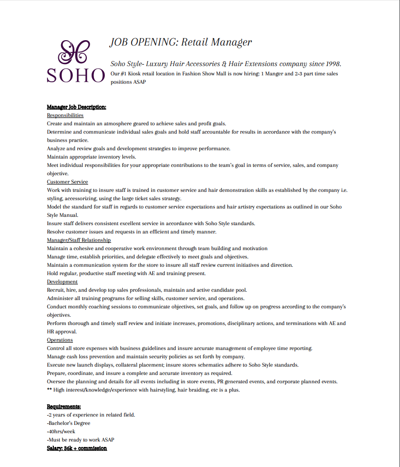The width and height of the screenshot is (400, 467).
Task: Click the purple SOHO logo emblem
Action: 74,52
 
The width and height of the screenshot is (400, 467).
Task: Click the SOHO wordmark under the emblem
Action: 76,75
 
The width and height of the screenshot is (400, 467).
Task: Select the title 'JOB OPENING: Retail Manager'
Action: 180,42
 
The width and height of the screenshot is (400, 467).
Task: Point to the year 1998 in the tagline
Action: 332,64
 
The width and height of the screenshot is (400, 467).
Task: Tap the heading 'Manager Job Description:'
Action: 76,107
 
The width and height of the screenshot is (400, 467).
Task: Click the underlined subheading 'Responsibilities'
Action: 65,115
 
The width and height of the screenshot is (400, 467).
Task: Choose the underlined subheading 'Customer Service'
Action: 68,182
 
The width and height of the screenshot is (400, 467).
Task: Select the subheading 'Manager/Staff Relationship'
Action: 79,240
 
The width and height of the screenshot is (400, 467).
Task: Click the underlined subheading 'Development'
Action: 62,281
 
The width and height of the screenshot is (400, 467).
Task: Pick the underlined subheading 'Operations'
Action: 60,340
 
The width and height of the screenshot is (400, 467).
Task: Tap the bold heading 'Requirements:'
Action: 64,406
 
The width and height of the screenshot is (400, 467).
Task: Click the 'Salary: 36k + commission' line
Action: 77,448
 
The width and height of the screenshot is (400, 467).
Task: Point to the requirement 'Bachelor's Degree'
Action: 69,423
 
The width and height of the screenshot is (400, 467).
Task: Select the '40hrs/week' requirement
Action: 62,431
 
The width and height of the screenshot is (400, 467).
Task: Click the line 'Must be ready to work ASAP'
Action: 81,440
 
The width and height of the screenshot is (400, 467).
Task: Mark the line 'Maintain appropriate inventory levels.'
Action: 92,157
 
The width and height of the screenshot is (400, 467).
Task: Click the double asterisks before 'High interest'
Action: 49,390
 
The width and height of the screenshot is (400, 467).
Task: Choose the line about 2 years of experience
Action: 91,415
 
